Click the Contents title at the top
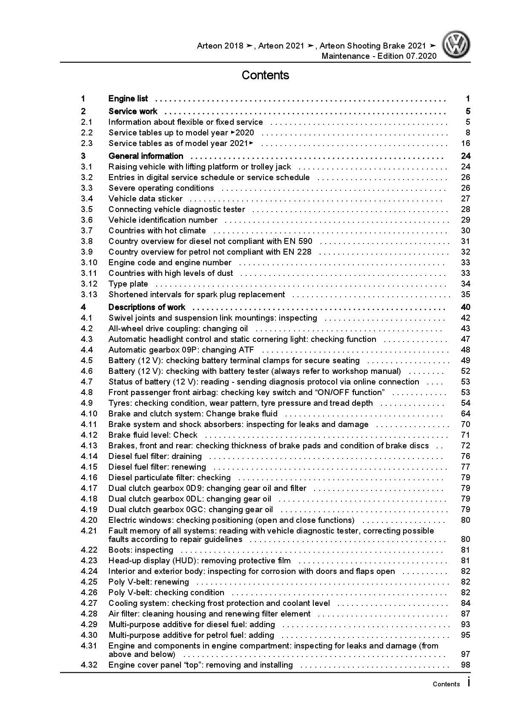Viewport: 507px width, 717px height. (265, 75)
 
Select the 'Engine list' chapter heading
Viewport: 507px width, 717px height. (128, 99)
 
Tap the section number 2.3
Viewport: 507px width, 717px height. (87, 143)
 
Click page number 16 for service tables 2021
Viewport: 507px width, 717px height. (465, 143)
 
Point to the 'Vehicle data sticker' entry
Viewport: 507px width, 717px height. (145, 199)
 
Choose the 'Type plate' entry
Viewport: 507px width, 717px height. (128, 284)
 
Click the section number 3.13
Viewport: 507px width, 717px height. (89, 295)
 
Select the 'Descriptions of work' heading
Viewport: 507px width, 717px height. (147, 307)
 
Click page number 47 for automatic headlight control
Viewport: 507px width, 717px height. (465, 339)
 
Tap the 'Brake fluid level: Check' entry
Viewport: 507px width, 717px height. (153, 435)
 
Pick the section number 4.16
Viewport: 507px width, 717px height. (89, 478)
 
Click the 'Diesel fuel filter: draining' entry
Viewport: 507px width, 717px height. (155, 456)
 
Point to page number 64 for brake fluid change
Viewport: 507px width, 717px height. (465, 414)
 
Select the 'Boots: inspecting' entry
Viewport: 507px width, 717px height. (140, 550)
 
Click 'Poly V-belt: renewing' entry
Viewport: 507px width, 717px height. (149, 582)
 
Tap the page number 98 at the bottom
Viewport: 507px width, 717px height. (465, 665)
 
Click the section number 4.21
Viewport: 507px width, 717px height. (89, 531)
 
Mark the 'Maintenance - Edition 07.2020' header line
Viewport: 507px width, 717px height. (379, 56)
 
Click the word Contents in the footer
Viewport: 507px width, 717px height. (446, 684)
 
